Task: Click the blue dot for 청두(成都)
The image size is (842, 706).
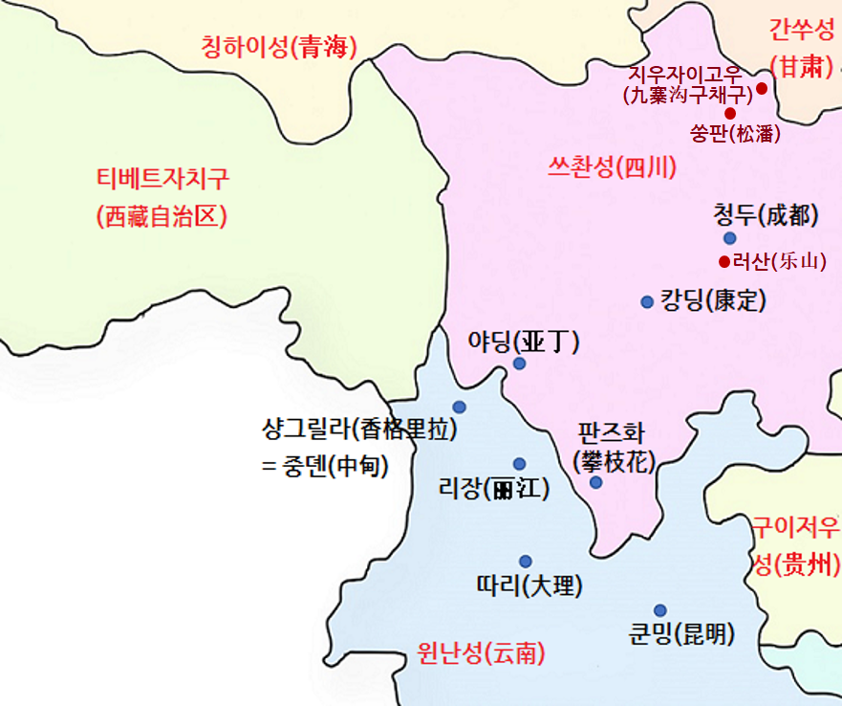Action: tap(730, 238)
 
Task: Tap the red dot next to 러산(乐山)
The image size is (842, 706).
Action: tap(723, 261)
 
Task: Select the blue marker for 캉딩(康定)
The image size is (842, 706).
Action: tap(647, 302)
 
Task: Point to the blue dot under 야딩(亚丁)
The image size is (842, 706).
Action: tap(519, 364)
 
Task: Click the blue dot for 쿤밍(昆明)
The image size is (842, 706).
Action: tap(659, 610)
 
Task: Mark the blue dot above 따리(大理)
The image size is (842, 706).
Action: tap(525, 562)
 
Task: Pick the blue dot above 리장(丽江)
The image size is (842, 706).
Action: tap(519, 464)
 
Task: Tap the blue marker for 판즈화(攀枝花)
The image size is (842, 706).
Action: tap(595, 482)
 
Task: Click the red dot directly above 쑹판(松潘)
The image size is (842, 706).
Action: tap(729, 113)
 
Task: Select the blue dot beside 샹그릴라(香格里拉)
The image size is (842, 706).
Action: tap(459, 407)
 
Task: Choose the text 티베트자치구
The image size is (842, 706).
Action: tap(162, 179)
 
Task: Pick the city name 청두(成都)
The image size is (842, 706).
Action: tap(766, 215)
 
